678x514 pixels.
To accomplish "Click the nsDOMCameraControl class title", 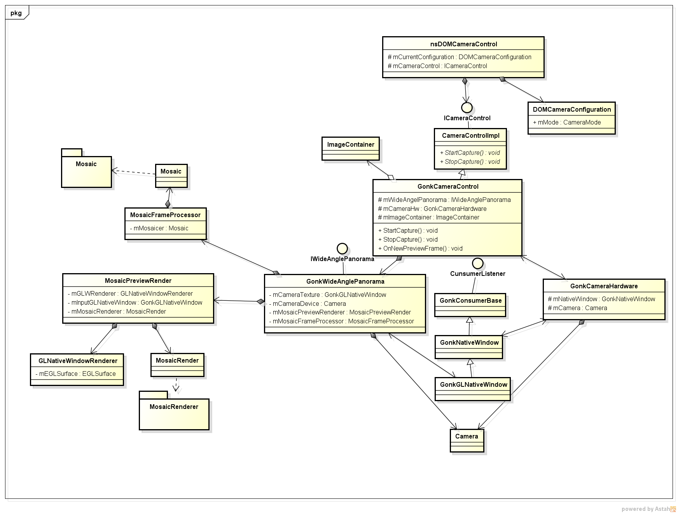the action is [x=463, y=44].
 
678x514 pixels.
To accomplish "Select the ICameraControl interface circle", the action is [x=467, y=107].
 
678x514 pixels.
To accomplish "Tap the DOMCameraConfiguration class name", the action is [x=572, y=109].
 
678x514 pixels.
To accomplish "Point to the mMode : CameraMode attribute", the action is [x=567, y=122].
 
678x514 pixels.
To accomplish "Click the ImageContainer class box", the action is [x=351, y=149].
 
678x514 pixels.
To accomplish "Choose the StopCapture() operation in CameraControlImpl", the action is [x=470, y=161].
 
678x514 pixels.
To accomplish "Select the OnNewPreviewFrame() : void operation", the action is [x=420, y=248].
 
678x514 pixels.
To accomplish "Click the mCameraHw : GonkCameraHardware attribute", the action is [x=432, y=209].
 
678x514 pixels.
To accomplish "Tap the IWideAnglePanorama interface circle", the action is [x=342, y=248].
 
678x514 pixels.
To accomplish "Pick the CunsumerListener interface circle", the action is [x=478, y=263].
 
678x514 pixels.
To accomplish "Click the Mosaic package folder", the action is [x=86, y=168].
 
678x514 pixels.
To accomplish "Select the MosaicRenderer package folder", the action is [x=174, y=410].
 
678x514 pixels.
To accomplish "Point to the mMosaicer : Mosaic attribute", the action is [x=159, y=228].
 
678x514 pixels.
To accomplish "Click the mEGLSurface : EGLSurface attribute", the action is [x=75, y=374].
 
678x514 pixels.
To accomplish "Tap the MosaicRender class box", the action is [x=177, y=365].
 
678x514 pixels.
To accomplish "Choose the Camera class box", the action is [x=467, y=440].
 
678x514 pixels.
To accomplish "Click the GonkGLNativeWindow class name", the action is [x=474, y=384].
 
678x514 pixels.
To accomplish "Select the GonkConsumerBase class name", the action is [x=470, y=300].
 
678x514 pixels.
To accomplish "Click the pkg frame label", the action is [x=16, y=13].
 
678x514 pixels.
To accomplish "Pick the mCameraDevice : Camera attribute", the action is [x=307, y=303].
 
